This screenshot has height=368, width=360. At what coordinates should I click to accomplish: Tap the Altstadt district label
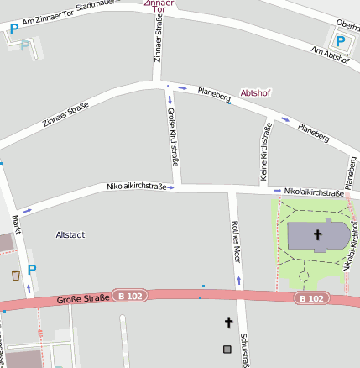(x=70, y=234)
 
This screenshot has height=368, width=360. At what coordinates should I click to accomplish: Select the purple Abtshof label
(x=256, y=92)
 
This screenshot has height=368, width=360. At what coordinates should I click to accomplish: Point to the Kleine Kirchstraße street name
(x=265, y=151)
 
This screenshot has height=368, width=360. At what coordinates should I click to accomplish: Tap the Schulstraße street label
(x=244, y=349)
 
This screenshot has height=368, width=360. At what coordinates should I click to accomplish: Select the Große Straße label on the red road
(x=83, y=298)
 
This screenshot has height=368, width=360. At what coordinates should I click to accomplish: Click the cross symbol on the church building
(x=318, y=234)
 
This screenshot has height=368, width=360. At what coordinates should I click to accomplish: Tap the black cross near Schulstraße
(x=227, y=322)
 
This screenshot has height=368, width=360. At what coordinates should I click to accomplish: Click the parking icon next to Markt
(x=32, y=270)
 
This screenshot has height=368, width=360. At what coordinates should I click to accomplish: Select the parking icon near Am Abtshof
(x=340, y=40)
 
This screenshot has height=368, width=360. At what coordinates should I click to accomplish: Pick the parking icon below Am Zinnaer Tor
(x=13, y=29)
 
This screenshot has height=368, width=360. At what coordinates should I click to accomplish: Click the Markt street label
(x=16, y=223)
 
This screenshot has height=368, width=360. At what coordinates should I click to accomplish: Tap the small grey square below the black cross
(x=227, y=349)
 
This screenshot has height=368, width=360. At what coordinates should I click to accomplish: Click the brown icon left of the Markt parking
(x=15, y=275)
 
